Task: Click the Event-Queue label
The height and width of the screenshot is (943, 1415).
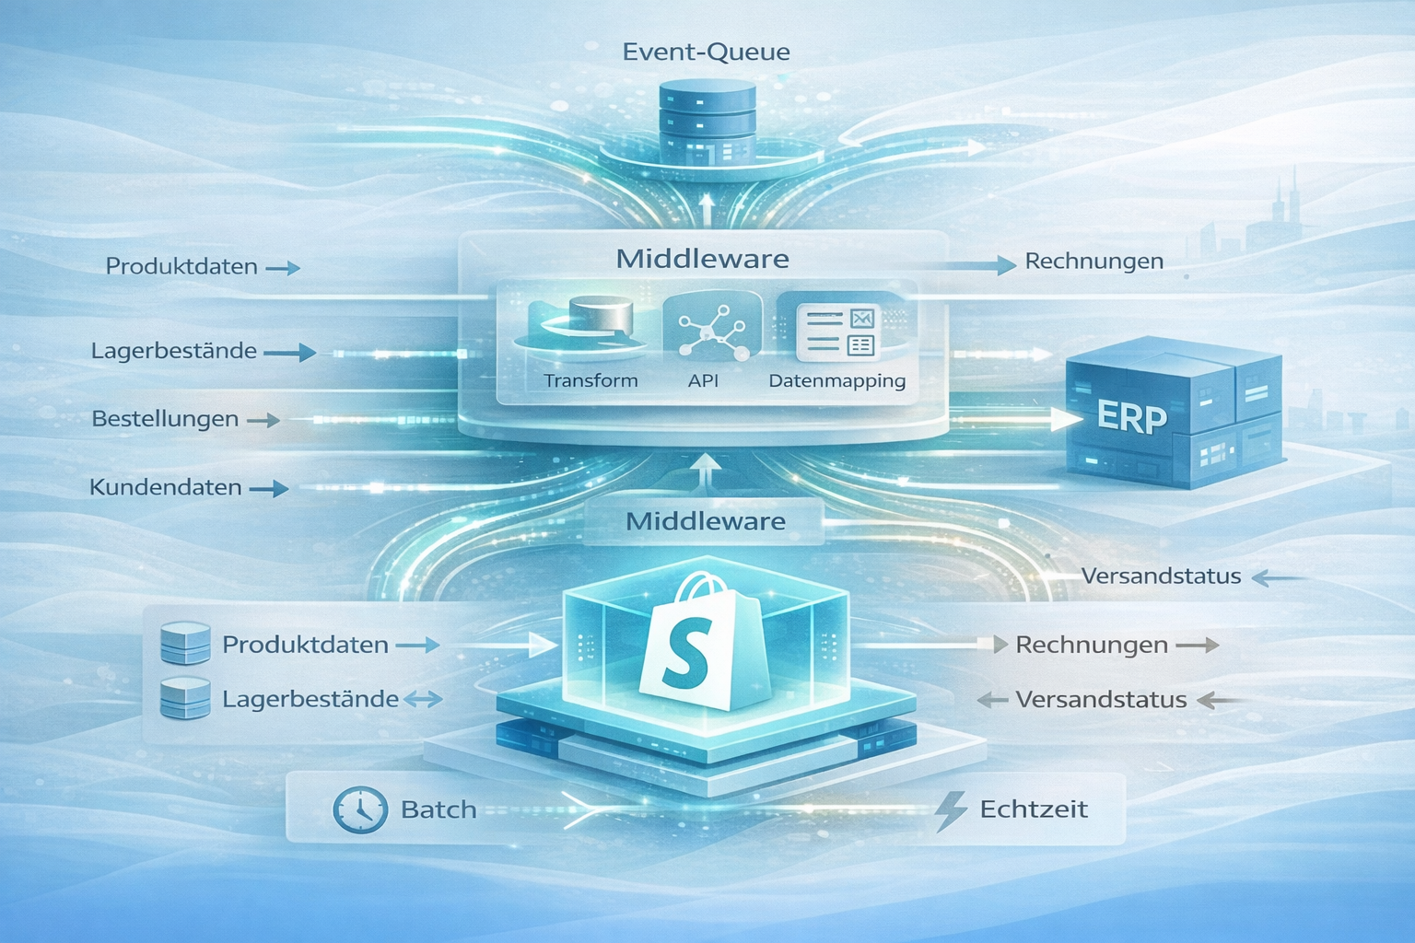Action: tap(706, 52)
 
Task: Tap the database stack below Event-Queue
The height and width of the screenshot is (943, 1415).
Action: tap(707, 122)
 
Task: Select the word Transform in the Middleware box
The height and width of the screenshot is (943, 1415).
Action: tap(591, 380)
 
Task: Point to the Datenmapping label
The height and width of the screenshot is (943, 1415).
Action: tap(836, 380)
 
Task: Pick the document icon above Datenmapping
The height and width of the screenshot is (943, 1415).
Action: tap(836, 332)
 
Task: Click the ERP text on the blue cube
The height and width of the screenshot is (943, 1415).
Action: tap(1132, 417)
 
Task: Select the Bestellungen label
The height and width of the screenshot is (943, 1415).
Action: tap(165, 419)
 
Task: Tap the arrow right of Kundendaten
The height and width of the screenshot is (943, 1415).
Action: tap(269, 489)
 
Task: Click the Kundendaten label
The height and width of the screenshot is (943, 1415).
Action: tap(166, 487)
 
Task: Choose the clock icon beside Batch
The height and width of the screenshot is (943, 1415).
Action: tap(359, 810)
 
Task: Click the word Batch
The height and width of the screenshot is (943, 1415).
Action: tap(439, 809)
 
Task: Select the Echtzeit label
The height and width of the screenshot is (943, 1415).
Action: tap(1034, 809)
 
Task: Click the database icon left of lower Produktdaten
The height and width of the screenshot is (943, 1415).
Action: tap(185, 644)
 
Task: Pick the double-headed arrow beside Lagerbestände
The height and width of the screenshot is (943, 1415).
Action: tap(423, 700)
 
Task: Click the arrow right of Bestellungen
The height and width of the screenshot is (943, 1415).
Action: tap(263, 420)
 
